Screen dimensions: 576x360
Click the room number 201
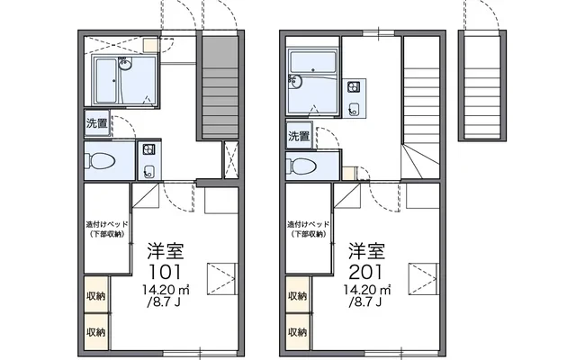pyautogui.click(x=365, y=272)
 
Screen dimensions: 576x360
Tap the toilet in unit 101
pyautogui.click(x=100, y=161)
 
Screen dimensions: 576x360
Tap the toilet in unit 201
pyautogui.click(x=301, y=166)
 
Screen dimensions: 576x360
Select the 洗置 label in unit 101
pyautogui.click(x=97, y=123)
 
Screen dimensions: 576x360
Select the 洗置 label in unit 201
pyautogui.click(x=299, y=136)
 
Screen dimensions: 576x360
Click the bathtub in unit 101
pyautogui.click(x=106, y=81)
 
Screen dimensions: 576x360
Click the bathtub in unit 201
pyautogui.click(x=312, y=62)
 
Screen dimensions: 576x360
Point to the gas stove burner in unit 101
pyautogui.click(x=148, y=149)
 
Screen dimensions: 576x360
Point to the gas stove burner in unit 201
pyautogui.click(x=354, y=87)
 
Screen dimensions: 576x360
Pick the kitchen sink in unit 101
pyautogui.click(x=148, y=171)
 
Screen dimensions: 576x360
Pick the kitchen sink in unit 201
pyautogui.click(x=354, y=109)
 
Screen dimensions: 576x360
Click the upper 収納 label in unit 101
pyautogui.click(x=96, y=296)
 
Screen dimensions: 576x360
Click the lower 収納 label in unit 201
pyautogui.click(x=297, y=332)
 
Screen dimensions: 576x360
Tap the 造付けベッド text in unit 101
pyautogui.click(x=107, y=224)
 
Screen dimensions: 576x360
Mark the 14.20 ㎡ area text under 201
pyautogui.click(x=367, y=290)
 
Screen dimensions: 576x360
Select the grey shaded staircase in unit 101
pyautogui.click(x=220, y=87)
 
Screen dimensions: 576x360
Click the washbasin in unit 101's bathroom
pyautogui.click(x=125, y=64)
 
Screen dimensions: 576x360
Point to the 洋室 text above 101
pyautogui.click(x=166, y=251)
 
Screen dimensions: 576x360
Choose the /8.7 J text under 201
pyautogui.click(x=366, y=302)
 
